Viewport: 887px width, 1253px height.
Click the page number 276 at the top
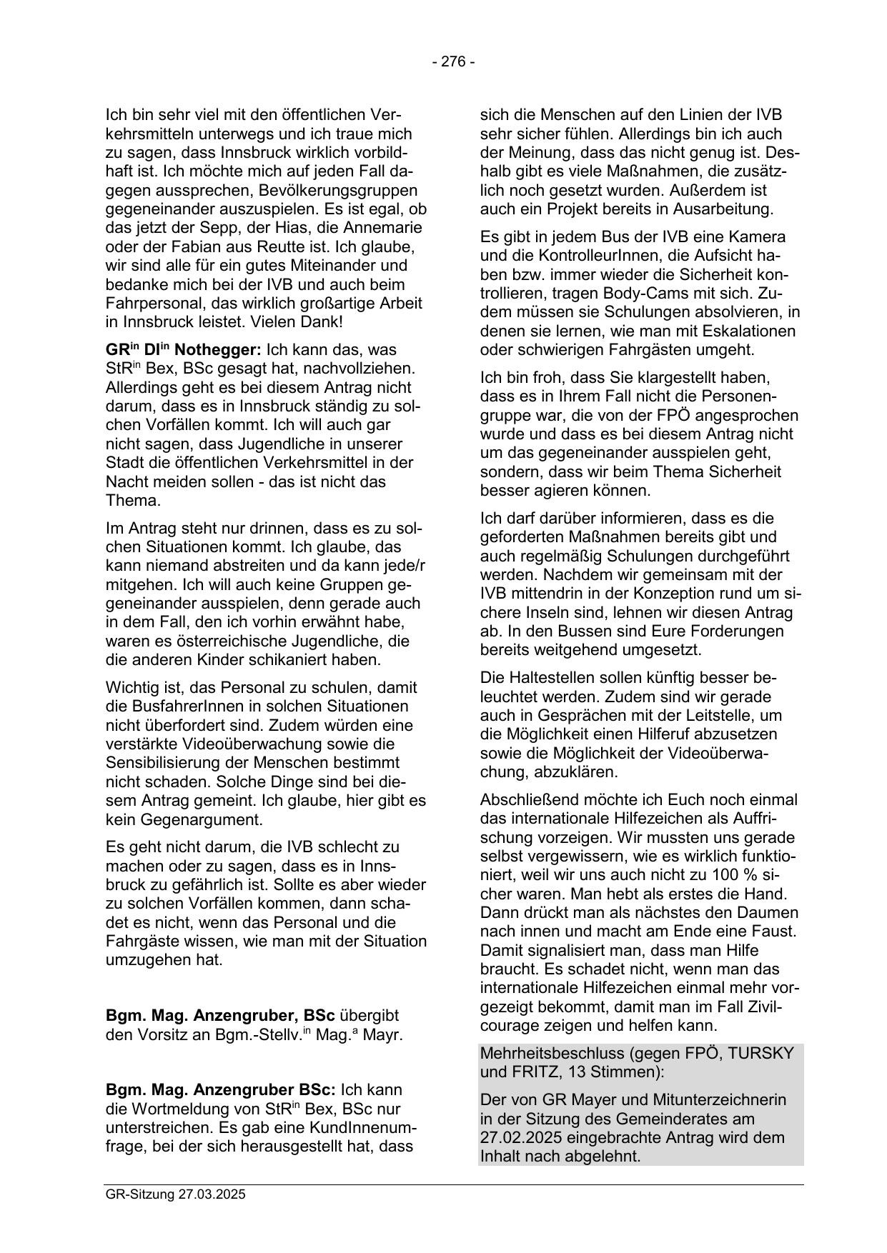[x=453, y=61]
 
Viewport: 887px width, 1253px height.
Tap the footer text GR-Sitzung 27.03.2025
[x=175, y=1194]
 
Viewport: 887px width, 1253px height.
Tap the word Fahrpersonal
[x=152, y=303]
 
